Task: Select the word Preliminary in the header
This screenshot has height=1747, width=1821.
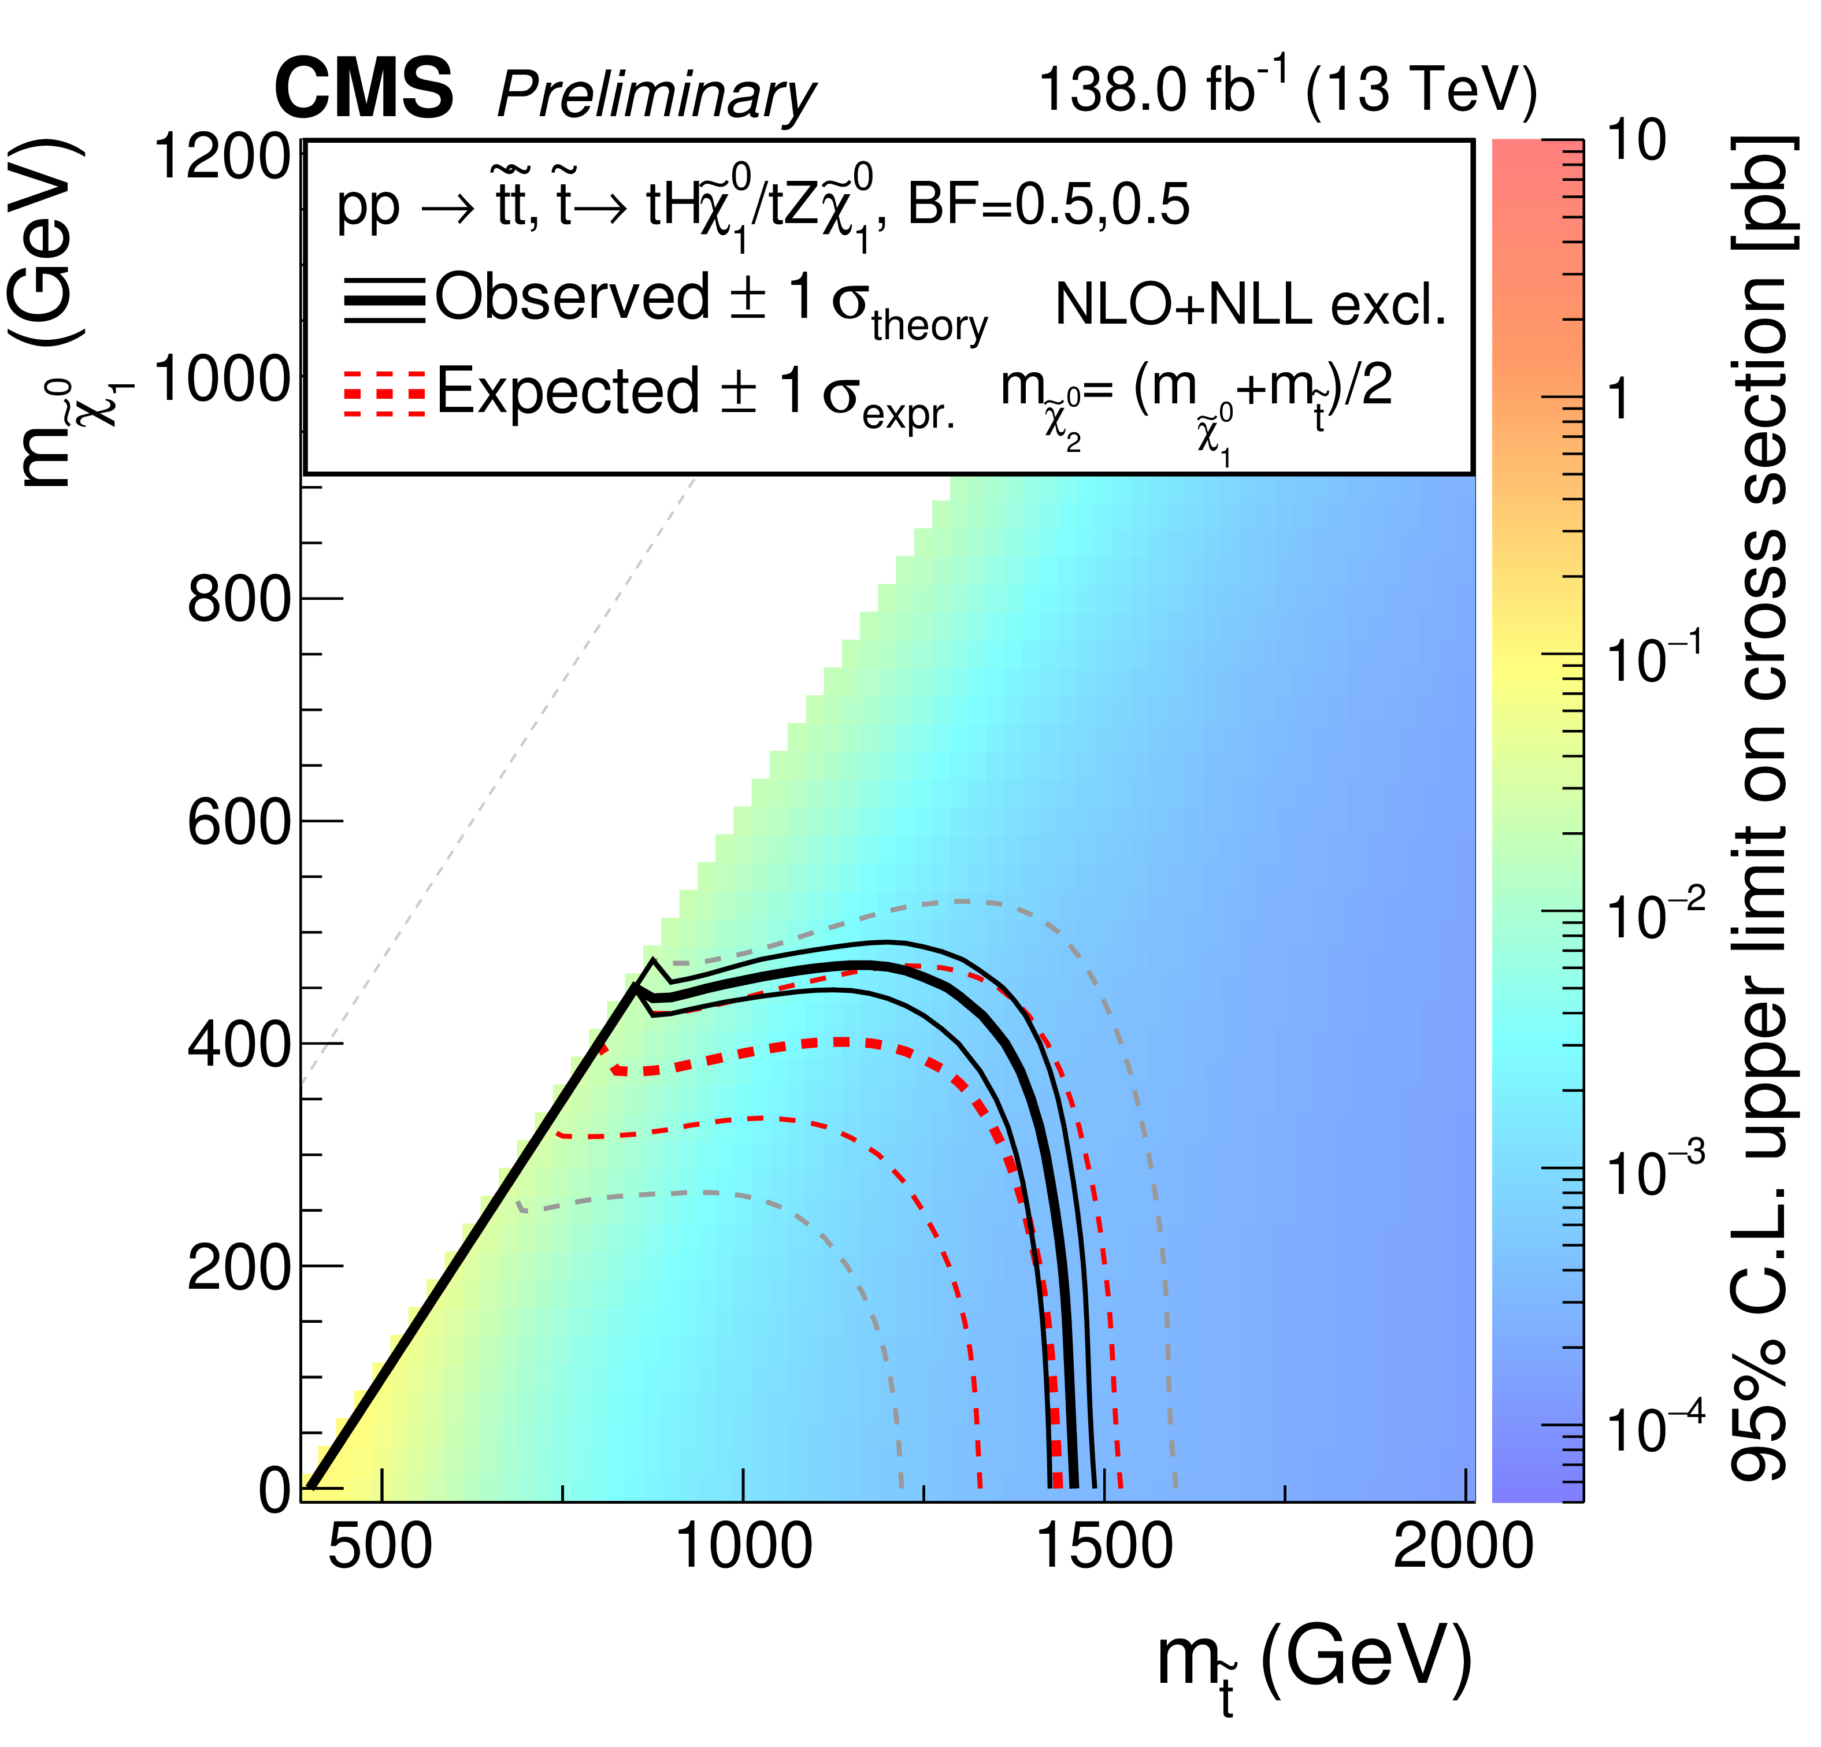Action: pos(656,96)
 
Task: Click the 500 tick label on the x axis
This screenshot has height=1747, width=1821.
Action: pos(380,1546)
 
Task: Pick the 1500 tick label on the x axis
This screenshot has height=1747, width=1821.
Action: pos(1104,1546)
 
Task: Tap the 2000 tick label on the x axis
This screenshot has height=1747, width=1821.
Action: pos(1463,1546)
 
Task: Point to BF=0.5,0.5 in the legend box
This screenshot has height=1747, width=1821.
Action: pos(1048,205)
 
